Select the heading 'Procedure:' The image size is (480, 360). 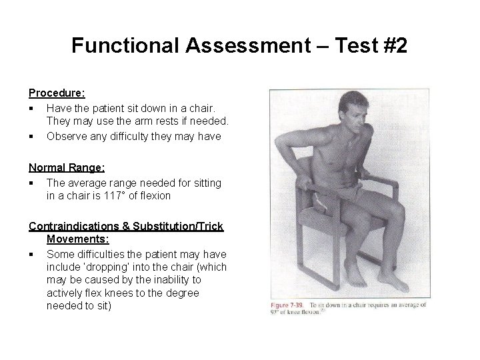point(57,94)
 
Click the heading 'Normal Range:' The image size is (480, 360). point(66,169)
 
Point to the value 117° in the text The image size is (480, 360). point(141,195)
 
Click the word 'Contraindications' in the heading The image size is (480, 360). point(73,226)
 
